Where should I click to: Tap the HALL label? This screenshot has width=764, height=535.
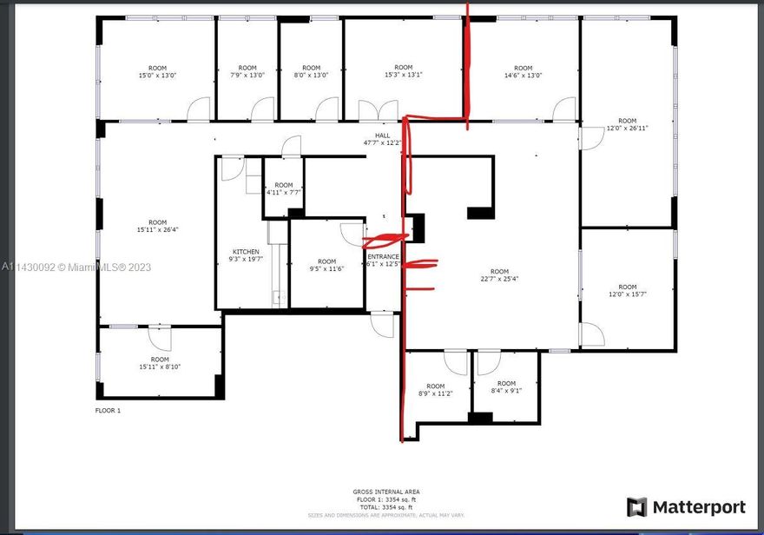click(x=382, y=135)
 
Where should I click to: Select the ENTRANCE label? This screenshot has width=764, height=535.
click(x=383, y=257)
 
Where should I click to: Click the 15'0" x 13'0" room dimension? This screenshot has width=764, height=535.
click(x=157, y=76)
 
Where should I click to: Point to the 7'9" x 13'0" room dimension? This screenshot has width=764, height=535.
click(x=247, y=76)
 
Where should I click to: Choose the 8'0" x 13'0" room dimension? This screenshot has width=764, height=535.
click(x=311, y=76)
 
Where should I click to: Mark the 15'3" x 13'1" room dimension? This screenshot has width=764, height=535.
click(x=403, y=75)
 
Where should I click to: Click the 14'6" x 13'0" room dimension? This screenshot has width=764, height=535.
click(x=523, y=76)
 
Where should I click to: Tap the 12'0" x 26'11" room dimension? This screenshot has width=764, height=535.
click(x=627, y=129)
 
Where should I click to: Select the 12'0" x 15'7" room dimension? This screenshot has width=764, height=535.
click(x=627, y=294)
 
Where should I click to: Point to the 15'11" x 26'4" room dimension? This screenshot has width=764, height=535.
click(x=157, y=230)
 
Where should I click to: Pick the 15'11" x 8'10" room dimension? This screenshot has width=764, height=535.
click(x=160, y=367)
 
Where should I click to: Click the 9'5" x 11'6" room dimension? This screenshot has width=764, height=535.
click(x=326, y=269)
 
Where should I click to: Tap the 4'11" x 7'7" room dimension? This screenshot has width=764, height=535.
click(x=284, y=193)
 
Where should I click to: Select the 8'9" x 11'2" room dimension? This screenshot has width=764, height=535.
click(x=435, y=393)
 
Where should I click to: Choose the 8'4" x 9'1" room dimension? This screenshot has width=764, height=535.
click(x=506, y=391)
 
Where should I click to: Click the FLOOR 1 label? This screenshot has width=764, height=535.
click(x=108, y=410)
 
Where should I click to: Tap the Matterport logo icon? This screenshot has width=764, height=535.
click(x=637, y=507)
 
